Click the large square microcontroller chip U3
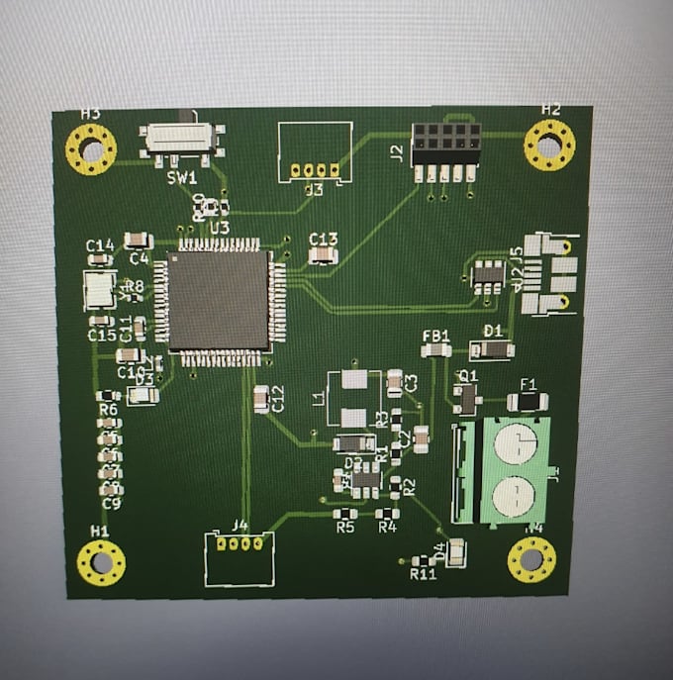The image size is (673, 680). (219, 299)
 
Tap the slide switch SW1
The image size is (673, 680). (181, 139)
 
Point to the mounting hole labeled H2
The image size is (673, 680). (548, 145)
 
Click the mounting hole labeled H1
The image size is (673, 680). (101, 564)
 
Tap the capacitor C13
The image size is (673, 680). (323, 255)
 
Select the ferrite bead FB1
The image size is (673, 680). (435, 350)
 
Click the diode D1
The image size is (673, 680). (492, 348)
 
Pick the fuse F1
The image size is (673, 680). (528, 401)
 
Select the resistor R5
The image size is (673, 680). (344, 514)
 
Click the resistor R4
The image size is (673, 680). (387, 514)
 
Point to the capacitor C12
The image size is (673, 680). (261, 399)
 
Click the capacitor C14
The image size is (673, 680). (99, 259)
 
